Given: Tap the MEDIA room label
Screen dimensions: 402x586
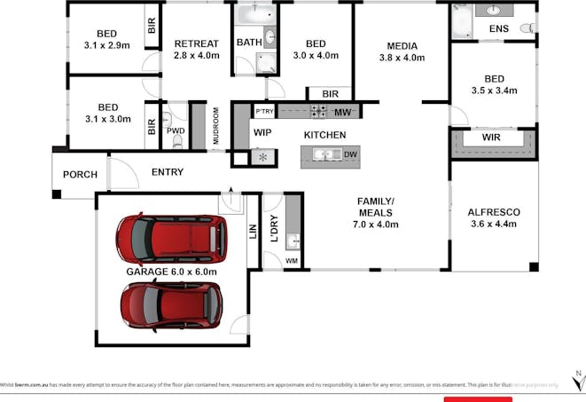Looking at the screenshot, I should click(402, 46).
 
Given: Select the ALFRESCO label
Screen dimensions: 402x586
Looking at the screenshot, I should click(493, 212).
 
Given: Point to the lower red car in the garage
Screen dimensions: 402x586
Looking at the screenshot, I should click(171, 304).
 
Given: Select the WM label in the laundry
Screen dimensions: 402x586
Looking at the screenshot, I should click(292, 261).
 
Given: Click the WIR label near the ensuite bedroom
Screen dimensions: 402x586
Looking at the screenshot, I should click(492, 139).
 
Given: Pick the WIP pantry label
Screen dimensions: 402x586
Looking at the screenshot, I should click(262, 132).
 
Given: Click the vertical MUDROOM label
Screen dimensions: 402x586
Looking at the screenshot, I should click(215, 127).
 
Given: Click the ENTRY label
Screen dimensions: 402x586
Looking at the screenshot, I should click(168, 172).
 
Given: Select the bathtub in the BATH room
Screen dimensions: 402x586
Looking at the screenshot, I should click(255, 14).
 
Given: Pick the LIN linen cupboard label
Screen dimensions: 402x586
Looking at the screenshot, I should click(253, 233).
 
